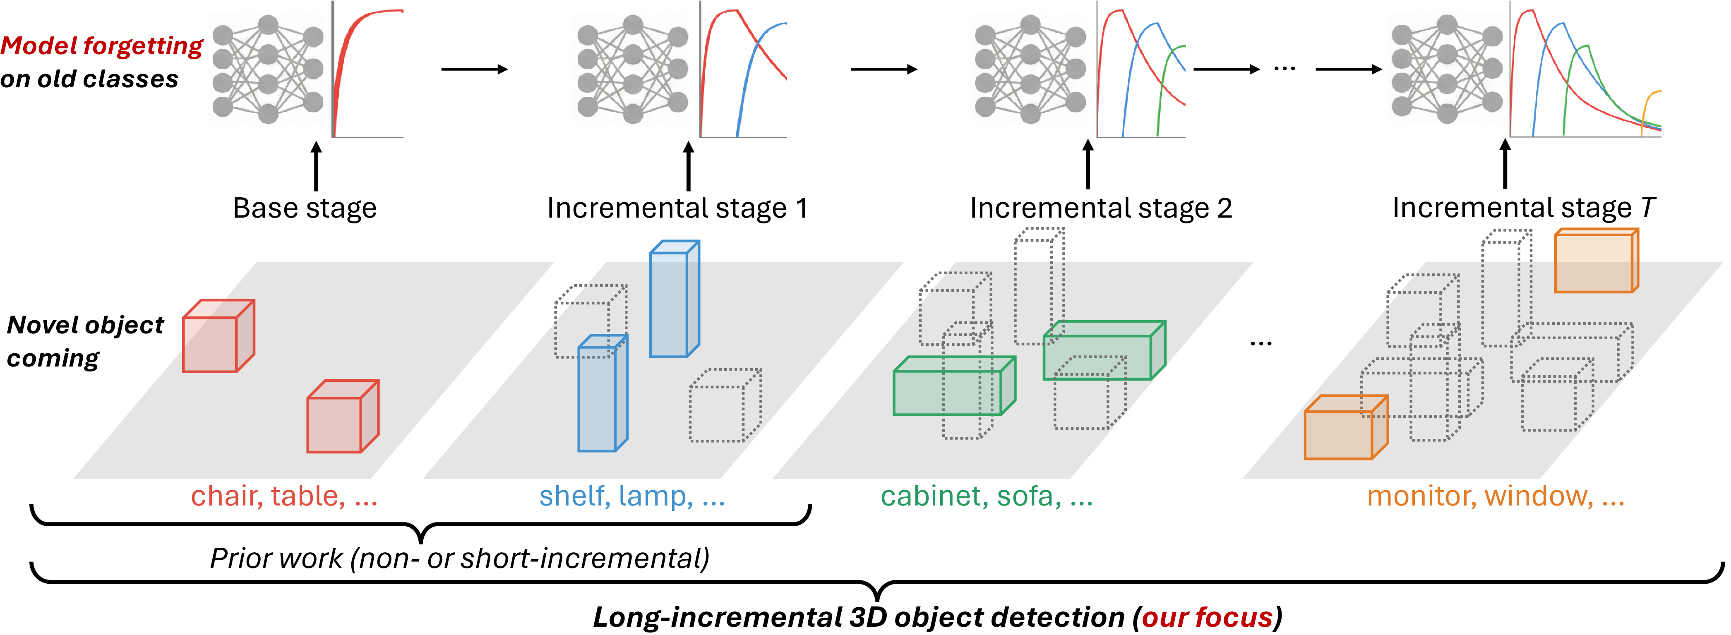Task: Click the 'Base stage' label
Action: click(x=305, y=208)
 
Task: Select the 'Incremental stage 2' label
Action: click(x=1101, y=208)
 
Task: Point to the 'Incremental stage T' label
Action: click(x=1523, y=208)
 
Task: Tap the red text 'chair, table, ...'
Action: click(x=284, y=496)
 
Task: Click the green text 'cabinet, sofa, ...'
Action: click(x=987, y=496)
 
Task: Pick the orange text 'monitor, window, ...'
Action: click(x=1496, y=496)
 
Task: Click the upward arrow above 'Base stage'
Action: click(x=316, y=165)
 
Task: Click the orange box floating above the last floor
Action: click(x=1597, y=261)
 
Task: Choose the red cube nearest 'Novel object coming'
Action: click(x=218, y=336)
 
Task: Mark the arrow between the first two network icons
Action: click(x=474, y=69)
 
